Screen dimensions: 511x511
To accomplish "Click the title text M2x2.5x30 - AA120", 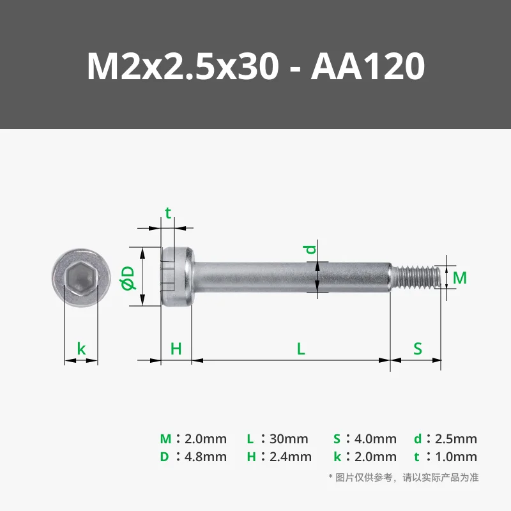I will point(256,66).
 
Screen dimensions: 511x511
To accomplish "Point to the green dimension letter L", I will point(301,349).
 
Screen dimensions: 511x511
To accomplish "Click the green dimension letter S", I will point(418,349).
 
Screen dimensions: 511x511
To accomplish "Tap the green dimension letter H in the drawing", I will point(176,349).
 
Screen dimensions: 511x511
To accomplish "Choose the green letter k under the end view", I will point(81,349).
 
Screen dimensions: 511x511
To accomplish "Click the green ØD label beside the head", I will point(128,278).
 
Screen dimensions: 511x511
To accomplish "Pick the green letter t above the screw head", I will point(168,213).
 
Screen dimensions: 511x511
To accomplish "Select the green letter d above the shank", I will point(310,249).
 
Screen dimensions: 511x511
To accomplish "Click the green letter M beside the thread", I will point(460,278).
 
